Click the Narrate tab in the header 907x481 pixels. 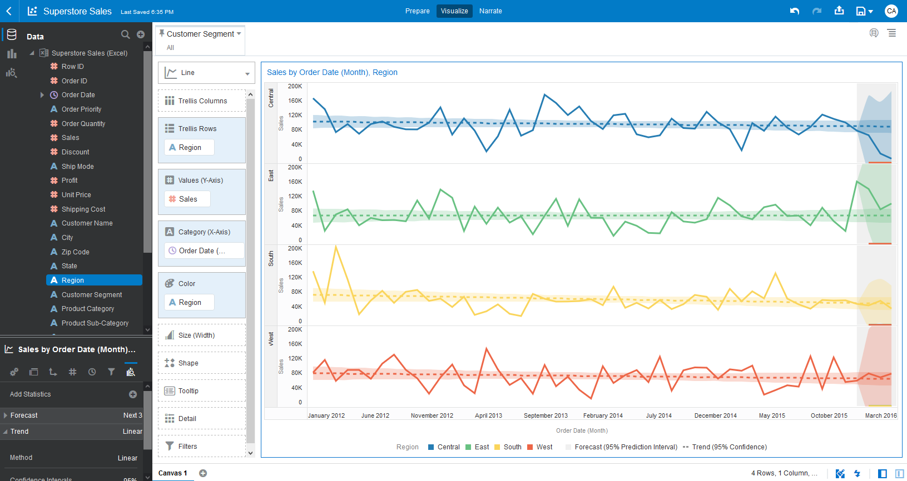tap(490, 11)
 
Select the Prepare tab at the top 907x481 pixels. tap(417, 11)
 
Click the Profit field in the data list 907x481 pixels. tap(70, 181)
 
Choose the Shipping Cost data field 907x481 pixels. tap(83, 209)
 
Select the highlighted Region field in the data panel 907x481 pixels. tap(73, 280)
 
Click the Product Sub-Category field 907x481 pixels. tap(95, 323)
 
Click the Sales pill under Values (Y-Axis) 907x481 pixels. tap(187, 199)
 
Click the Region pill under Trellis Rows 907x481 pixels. tap(190, 148)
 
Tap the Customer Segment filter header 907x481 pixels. tap(200, 34)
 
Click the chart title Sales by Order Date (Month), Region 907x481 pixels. tap(332, 72)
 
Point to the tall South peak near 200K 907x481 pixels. tap(336, 247)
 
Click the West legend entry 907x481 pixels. tap(544, 447)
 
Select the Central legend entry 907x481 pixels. tap(448, 447)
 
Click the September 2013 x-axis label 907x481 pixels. tap(546, 415)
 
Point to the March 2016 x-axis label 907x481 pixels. tap(880, 415)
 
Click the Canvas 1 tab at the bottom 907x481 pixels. tap(173, 473)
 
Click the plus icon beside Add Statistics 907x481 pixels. tap(133, 394)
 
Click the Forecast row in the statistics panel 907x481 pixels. tap(24, 415)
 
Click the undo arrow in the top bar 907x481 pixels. tap(795, 11)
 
